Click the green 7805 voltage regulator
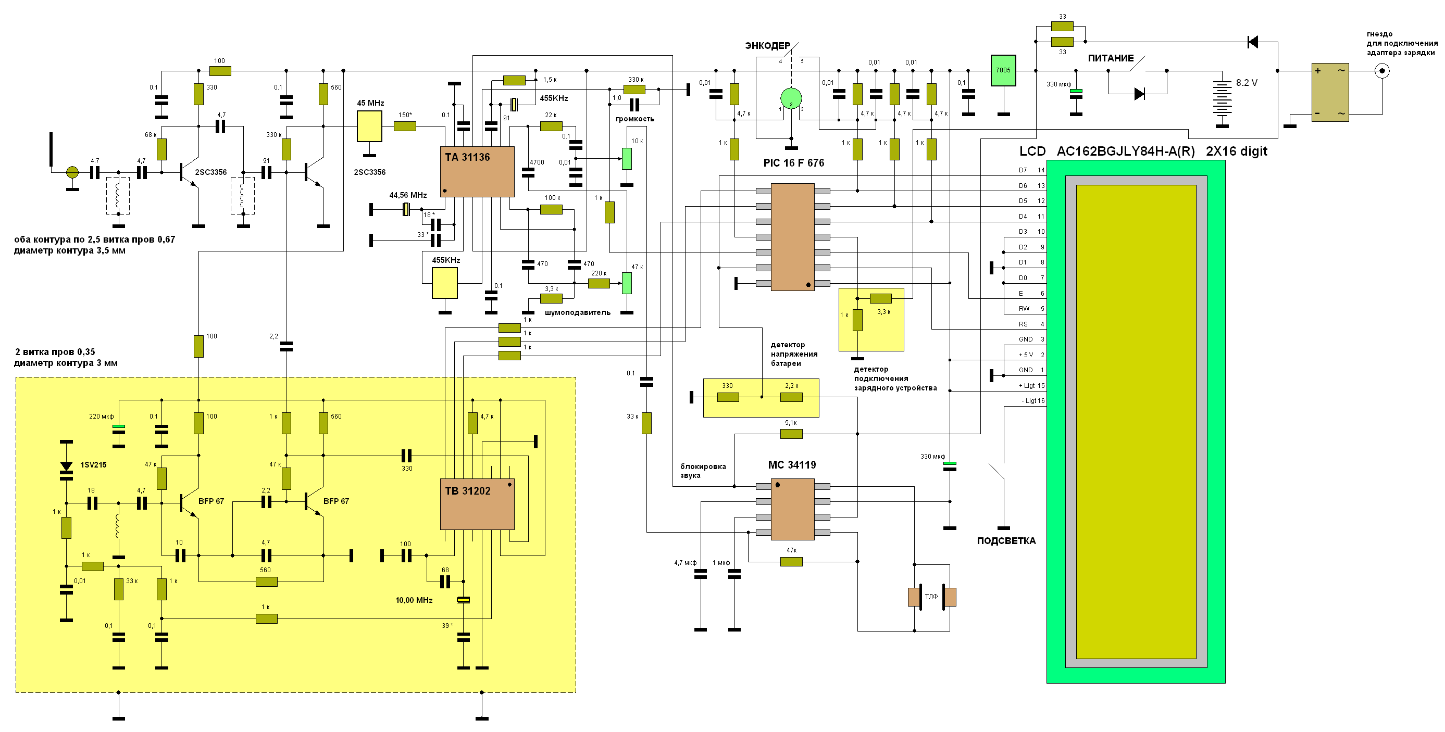(1003, 70)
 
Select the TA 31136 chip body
(477, 171)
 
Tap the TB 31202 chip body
(477, 504)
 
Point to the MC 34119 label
(791, 464)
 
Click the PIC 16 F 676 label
(793, 163)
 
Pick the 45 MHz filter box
(369, 126)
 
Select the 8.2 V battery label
(1247, 83)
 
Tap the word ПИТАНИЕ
(1111, 58)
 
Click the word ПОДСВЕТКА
(1006, 541)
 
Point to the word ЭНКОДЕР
(767, 46)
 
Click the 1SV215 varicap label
(93, 464)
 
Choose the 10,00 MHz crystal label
(414, 600)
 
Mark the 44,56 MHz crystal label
(408, 195)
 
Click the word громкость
(634, 119)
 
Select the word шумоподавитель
(577, 312)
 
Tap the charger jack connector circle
(1382, 71)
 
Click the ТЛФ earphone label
(931, 596)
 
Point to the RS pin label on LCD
(1023, 324)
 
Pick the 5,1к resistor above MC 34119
(791, 433)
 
